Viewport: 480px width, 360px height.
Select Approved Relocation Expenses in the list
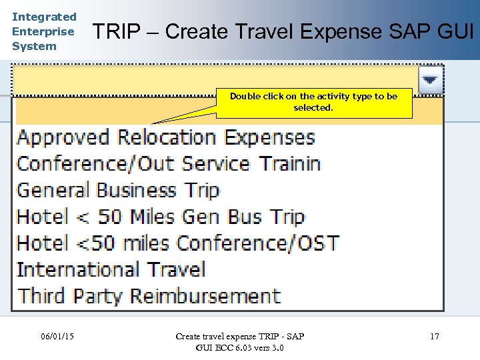pos(165,137)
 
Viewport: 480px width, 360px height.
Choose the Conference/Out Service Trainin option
pos(168,164)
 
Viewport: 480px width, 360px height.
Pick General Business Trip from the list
pos(117,191)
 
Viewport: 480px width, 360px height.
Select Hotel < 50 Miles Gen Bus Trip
pos(160,217)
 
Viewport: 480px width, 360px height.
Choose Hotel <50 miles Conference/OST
pos(177,243)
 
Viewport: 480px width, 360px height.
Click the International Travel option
pos(111,269)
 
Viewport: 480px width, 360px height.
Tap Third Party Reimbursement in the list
pos(149,295)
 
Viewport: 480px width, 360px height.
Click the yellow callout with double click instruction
pos(313,102)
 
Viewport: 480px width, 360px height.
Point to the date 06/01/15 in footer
pos(57,336)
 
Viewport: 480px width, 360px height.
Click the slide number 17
pos(434,336)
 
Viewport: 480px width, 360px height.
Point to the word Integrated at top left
pos(44,17)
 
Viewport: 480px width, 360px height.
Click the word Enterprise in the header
pos(43,31)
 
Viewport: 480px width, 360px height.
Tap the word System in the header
pos(34,46)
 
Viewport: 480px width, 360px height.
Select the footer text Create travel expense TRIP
pos(240,336)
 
